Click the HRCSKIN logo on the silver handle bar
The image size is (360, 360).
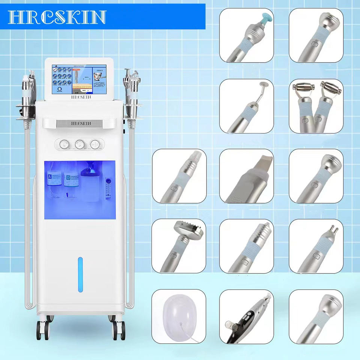79,123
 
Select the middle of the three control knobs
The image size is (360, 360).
79,143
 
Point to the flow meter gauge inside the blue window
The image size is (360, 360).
109,187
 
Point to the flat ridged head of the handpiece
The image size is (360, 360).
186,228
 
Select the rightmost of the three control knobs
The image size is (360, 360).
95,143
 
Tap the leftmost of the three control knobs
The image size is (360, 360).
63,143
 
